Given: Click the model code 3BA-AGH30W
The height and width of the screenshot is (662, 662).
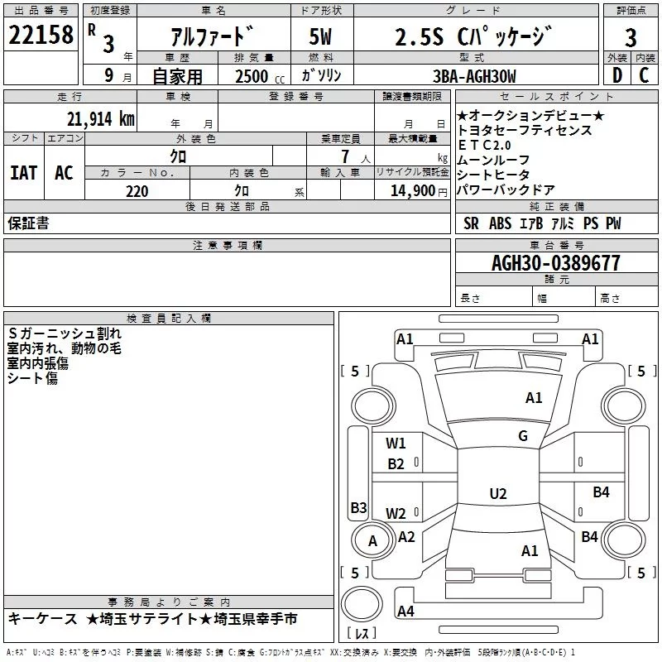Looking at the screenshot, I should pos(474,76).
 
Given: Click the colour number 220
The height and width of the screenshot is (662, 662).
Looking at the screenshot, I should pos(137,191).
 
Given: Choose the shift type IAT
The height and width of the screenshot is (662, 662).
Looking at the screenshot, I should pos(24,172).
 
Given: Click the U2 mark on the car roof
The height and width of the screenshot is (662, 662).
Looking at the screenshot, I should pos(497,494).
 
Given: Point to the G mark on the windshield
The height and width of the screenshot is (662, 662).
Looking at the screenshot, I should pos(522,436).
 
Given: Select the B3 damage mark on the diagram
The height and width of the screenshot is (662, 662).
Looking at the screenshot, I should pos(358,507).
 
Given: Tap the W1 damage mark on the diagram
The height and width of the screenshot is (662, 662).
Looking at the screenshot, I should pos(396,443).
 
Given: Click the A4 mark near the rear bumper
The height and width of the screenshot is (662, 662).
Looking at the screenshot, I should pos(405,612).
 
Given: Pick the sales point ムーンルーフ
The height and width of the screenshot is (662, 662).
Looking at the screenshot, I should pos(493,160).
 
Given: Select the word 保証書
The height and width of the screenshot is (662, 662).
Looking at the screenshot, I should pos(28,223).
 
